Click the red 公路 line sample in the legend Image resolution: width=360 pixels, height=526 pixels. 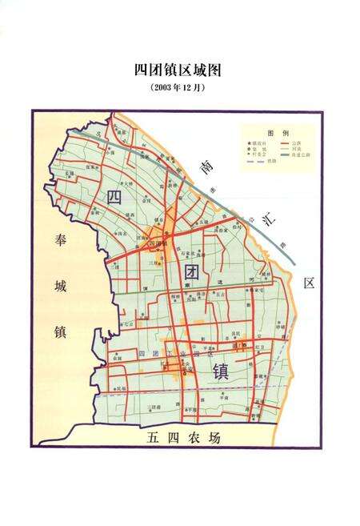286,143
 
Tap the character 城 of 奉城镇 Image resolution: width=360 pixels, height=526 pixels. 60,285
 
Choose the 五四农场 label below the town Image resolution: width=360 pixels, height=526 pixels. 183,439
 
